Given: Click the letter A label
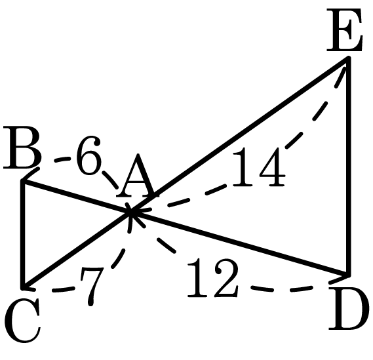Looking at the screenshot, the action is pos(138,176).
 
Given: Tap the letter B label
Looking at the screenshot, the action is pos(22,147).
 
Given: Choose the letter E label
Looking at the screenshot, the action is pos(344,30).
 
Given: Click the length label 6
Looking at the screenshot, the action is pos(88,155).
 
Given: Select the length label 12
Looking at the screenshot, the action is pos(212,278).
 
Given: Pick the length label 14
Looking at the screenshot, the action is pos(258,167).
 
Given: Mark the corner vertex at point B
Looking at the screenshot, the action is pos(23,182).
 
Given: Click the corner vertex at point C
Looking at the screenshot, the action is pos(23,288).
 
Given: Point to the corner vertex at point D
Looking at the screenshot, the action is pos(349,274).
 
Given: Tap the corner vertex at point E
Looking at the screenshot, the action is pos(349,58).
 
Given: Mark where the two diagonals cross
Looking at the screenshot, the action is pos(130,212).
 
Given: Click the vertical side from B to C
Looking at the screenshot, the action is pos(23,235).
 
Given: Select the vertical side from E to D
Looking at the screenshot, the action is pos(349,166).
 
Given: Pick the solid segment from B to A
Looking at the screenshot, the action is pos(77,197).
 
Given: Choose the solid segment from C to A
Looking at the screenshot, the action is pos(77,250).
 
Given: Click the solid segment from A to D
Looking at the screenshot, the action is pos(239,243).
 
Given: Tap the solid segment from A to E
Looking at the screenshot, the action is pos(239,135).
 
